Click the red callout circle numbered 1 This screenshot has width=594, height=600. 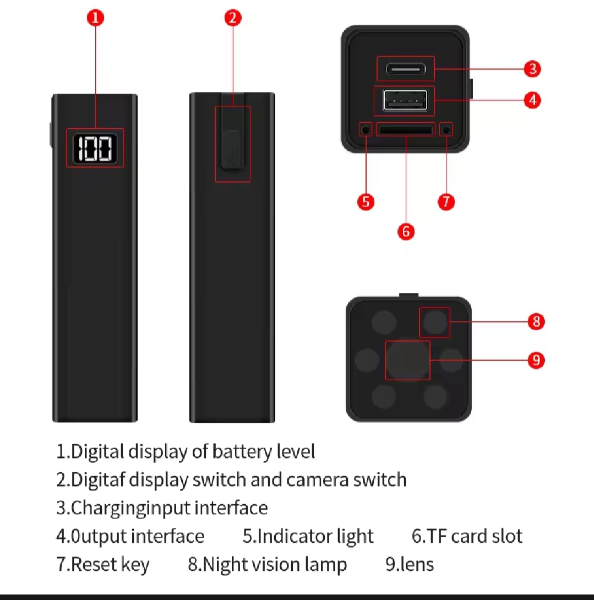click(x=95, y=18)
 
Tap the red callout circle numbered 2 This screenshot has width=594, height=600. click(x=233, y=18)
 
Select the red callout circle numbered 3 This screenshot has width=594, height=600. click(x=532, y=69)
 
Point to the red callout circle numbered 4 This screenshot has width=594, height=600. click(x=532, y=100)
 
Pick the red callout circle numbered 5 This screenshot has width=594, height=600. click(x=366, y=201)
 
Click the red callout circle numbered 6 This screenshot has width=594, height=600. click(x=406, y=232)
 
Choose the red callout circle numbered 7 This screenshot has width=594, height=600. click(x=446, y=201)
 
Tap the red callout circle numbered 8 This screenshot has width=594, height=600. click(x=536, y=321)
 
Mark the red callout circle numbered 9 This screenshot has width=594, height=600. click(x=536, y=360)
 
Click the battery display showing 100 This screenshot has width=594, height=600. click(x=95, y=148)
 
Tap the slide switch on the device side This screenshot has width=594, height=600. click(x=231, y=149)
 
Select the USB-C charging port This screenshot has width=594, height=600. click(x=406, y=69)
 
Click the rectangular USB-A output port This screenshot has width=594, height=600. click(x=405, y=101)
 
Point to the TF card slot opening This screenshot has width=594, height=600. click(x=406, y=130)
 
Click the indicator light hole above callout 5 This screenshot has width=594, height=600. click(x=366, y=130)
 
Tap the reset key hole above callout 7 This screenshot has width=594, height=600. click(x=446, y=130)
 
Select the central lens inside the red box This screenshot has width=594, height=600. click(x=407, y=360)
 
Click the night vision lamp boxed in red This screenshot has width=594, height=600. click(x=435, y=322)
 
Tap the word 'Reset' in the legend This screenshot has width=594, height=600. click(x=94, y=564)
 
